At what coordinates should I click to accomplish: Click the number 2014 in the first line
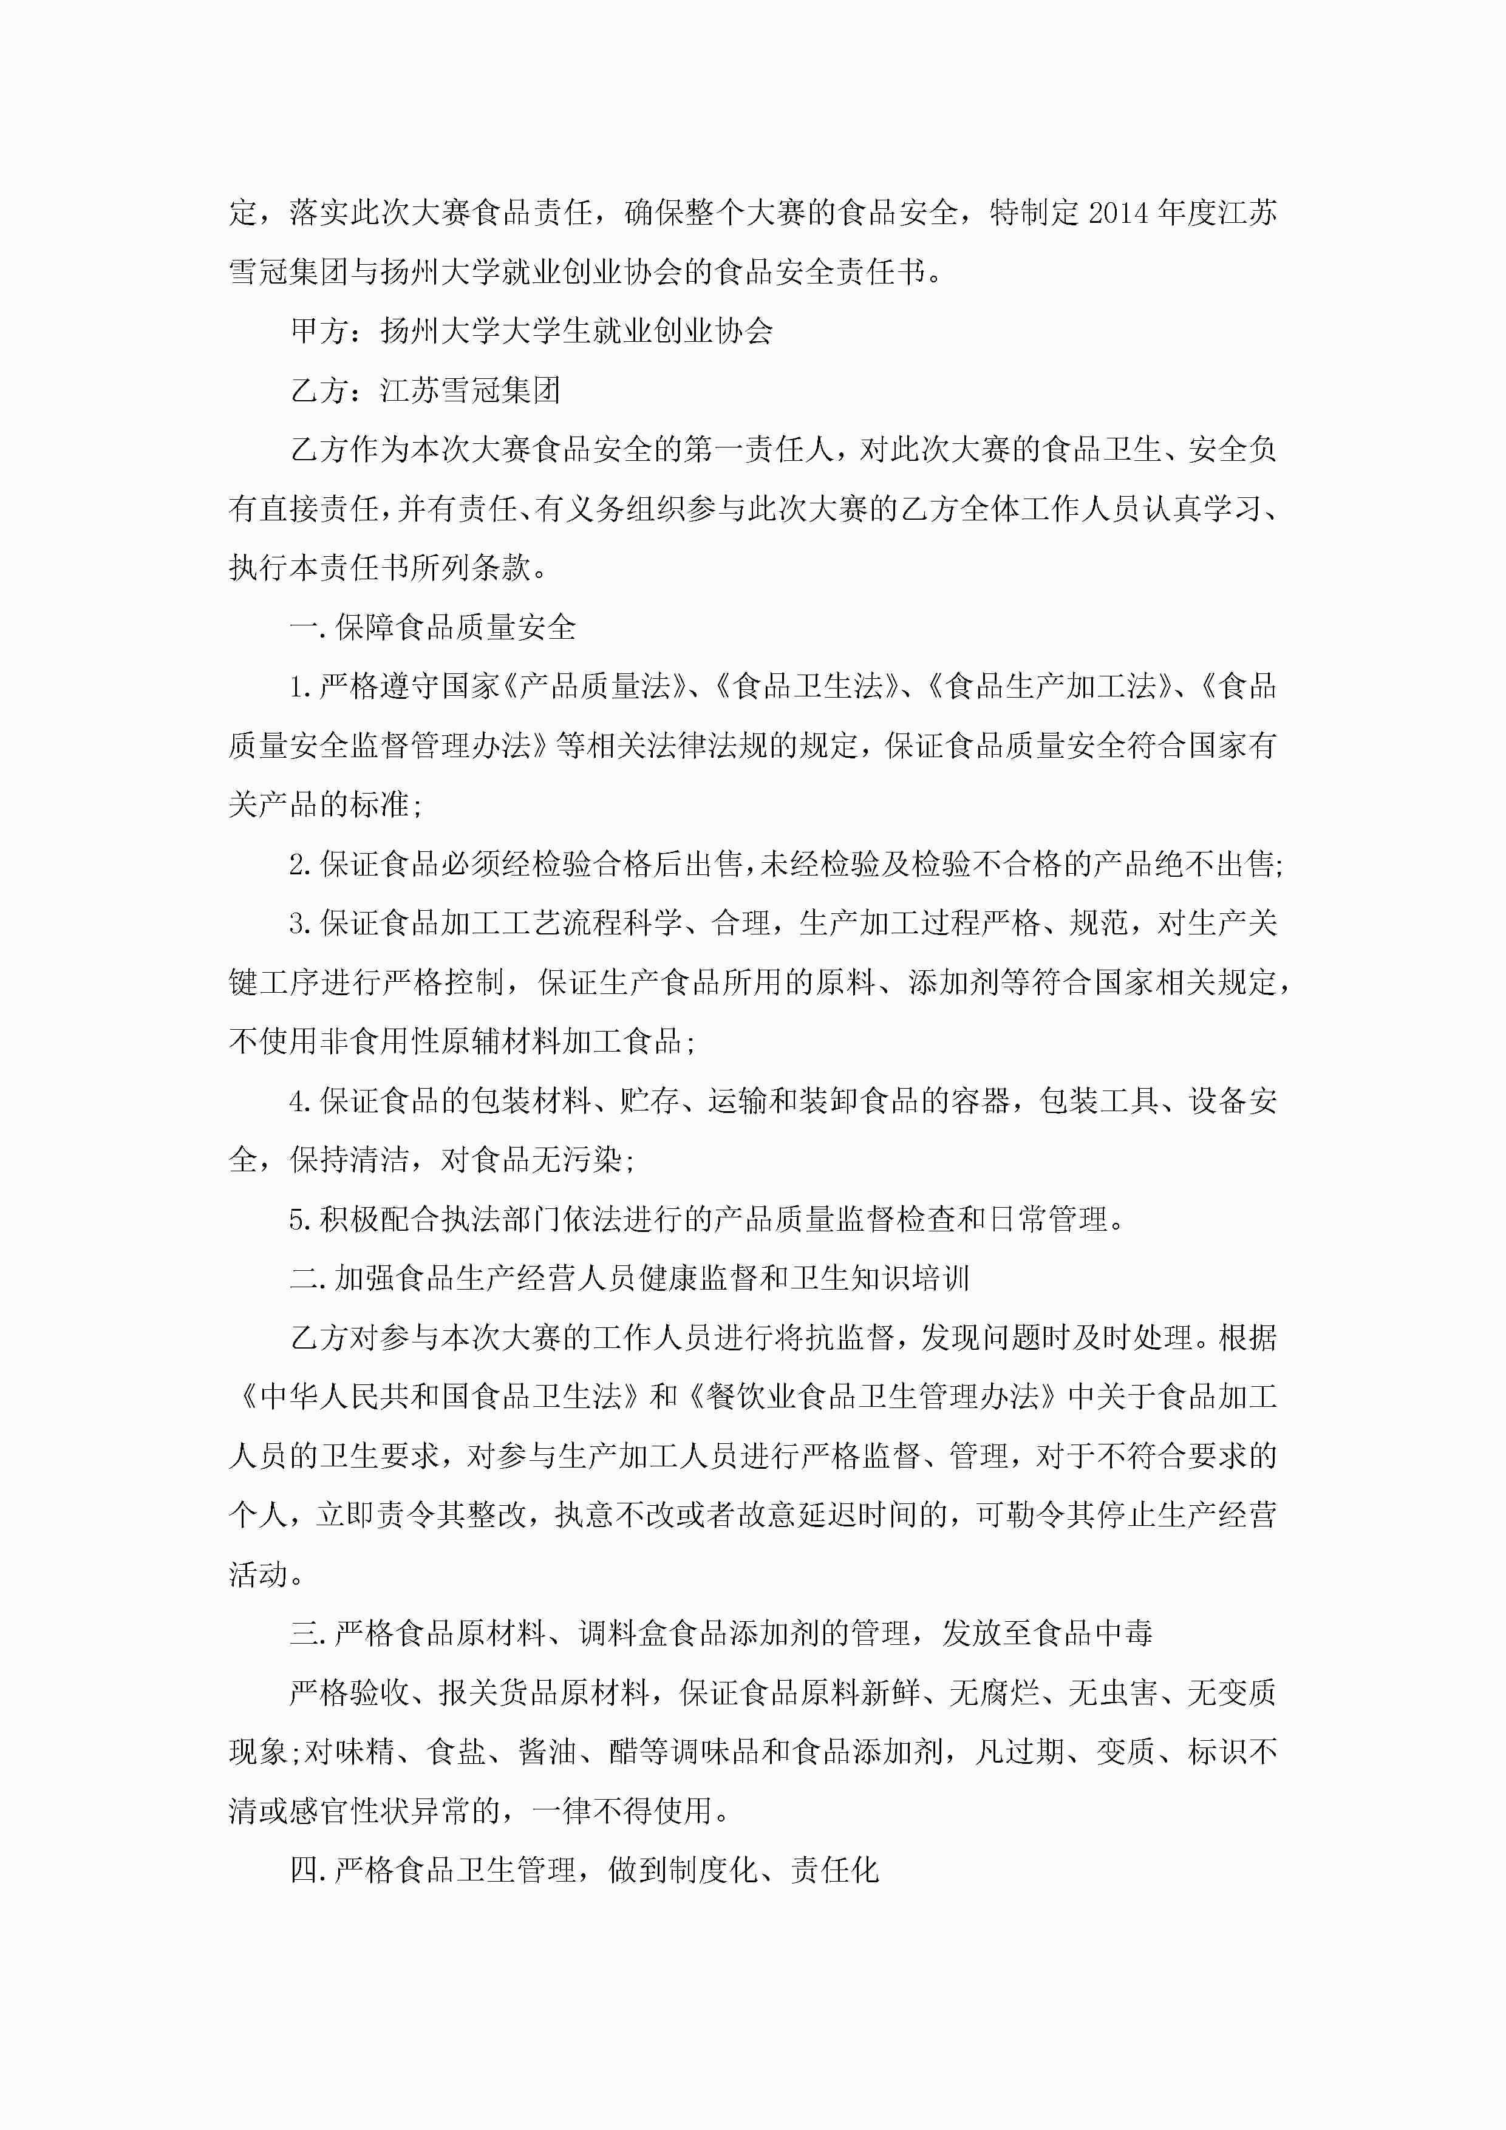1118,213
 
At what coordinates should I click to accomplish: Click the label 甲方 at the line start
320,331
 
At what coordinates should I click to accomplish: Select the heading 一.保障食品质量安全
432,628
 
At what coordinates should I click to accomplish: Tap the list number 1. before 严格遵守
302,687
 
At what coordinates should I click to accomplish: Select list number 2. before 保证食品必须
302,865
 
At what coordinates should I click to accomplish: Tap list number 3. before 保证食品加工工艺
302,924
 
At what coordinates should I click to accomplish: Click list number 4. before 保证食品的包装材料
302,1101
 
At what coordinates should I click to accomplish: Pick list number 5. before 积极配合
302,1220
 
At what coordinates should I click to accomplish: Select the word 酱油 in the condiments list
548,1752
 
